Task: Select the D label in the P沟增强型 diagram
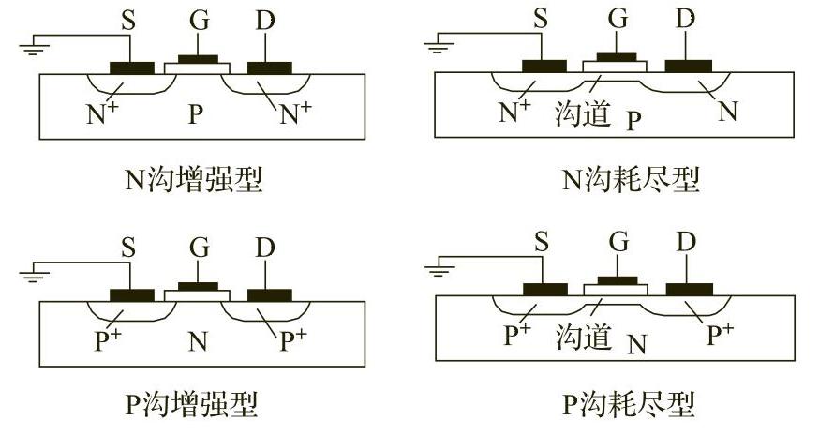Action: [267, 249]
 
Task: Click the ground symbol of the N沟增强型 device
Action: [33, 44]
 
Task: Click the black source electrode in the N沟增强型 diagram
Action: [131, 68]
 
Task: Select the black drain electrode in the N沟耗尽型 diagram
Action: [688, 67]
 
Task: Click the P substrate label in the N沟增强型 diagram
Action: [195, 115]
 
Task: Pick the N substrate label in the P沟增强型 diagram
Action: [197, 341]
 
